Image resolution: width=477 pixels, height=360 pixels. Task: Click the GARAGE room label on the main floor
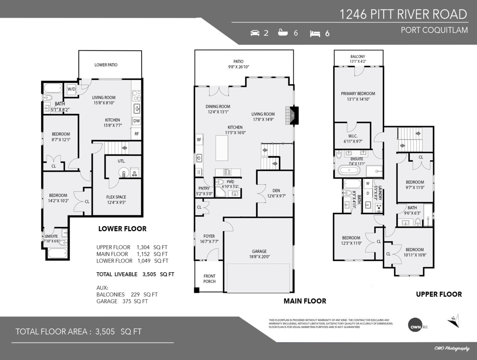click(x=259, y=251)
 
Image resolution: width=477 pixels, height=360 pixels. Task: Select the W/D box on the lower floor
click(x=72, y=89)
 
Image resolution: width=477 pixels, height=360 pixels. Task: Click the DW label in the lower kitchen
click(x=136, y=121)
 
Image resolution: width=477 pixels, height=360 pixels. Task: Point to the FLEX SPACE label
click(x=116, y=197)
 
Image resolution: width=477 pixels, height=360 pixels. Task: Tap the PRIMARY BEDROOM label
click(x=358, y=94)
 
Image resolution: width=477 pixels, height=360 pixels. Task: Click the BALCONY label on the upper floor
click(x=358, y=57)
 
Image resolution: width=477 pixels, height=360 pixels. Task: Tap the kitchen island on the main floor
click(x=222, y=148)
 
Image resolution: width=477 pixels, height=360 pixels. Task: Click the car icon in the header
click(x=255, y=33)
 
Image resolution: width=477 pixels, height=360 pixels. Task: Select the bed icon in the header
click(x=315, y=33)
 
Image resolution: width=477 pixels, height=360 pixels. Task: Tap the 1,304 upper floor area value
click(x=145, y=247)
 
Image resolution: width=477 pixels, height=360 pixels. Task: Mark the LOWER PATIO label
click(x=106, y=65)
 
